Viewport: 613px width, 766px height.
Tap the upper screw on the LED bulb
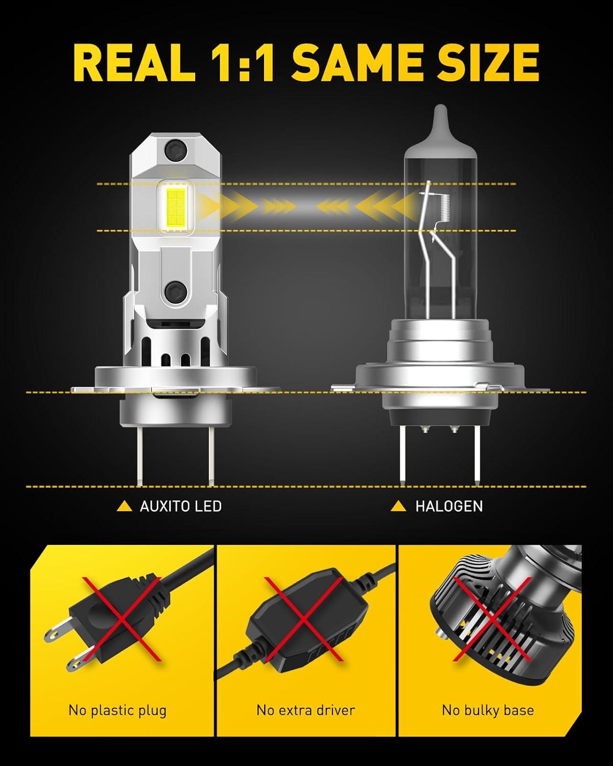(176, 151)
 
